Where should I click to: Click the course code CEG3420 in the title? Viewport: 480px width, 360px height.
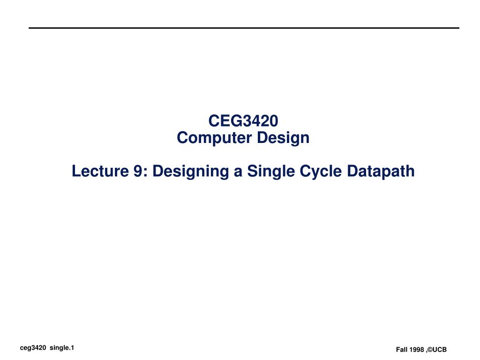[243, 120]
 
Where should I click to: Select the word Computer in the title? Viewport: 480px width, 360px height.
[214, 138]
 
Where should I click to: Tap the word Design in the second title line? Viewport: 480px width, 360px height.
[283, 138]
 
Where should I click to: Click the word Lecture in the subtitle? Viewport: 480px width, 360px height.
[100, 171]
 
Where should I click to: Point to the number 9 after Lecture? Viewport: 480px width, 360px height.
[137, 171]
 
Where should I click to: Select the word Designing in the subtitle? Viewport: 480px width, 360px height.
[190, 172]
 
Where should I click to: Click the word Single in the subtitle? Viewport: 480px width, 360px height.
[270, 172]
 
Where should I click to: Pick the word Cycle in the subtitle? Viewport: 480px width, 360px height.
[321, 172]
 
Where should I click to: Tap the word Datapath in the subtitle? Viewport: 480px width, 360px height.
[381, 172]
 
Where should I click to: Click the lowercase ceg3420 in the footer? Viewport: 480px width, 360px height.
[33, 348]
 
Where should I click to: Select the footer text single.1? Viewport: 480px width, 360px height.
[62, 348]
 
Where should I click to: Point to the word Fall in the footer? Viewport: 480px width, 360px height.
[402, 350]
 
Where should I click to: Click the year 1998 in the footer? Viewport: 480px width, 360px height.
[417, 350]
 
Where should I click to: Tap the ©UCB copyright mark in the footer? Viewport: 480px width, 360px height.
[437, 350]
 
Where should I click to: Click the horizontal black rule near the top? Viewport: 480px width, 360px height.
[244, 28]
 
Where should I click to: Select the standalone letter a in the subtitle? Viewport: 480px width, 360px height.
[238, 172]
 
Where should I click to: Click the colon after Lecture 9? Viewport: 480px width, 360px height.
[145, 172]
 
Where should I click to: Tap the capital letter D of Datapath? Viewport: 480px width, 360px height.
[352, 171]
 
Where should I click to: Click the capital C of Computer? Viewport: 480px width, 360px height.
[183, 137]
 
